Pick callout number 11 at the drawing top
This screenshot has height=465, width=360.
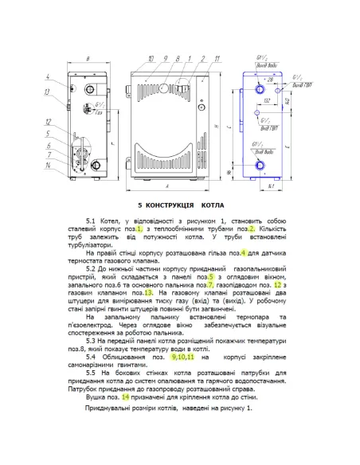click(x=205, y=60)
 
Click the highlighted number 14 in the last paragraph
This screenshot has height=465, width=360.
click(x=126, y=397)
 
